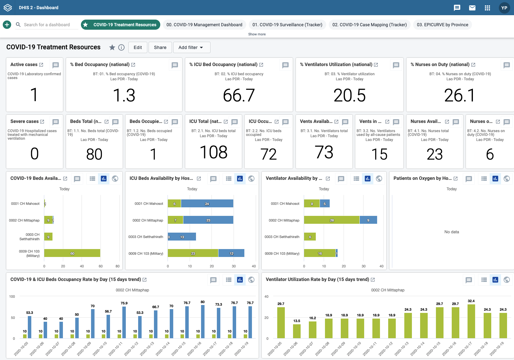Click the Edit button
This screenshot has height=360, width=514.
(138, 47)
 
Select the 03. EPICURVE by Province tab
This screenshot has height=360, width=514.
(442, 25)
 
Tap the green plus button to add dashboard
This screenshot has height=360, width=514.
(7, 25)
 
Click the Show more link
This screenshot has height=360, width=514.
(257, 34)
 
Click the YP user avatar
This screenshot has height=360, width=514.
(504, 8)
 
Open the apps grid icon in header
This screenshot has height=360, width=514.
(487, 8)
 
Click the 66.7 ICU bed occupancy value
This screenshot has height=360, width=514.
(239, 95)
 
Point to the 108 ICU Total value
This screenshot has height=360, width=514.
(214, 152)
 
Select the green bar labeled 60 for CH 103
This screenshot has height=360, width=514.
(72, 253)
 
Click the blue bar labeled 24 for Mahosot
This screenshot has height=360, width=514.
(207, 204)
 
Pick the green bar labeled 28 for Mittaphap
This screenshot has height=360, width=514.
(332, 220)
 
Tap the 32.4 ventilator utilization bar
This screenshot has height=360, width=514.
(471, 321)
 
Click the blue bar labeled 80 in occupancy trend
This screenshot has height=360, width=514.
(203, 321)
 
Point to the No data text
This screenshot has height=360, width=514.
(451, 232)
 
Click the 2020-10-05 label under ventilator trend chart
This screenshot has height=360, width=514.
(275, 349)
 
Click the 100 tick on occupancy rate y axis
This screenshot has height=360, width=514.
(12, 296)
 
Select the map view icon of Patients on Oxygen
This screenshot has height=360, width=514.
(506, 179)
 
